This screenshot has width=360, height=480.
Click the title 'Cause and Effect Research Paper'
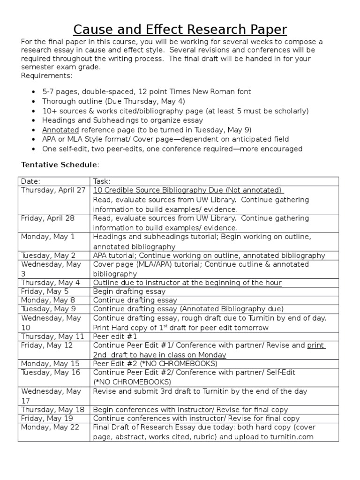point(180,29)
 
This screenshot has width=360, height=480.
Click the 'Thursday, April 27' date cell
point(53,190)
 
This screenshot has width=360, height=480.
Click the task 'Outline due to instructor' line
point(187,283)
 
